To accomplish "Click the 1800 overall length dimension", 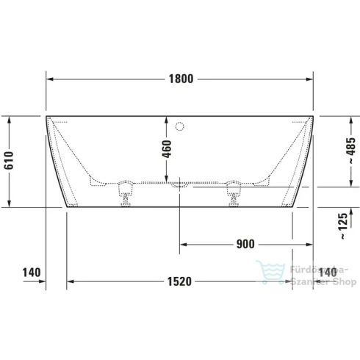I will (179, 79).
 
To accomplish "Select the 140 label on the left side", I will (30, 273).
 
